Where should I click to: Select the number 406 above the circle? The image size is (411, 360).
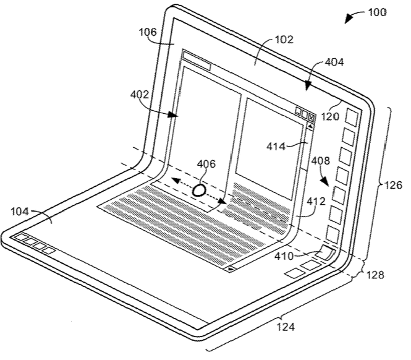point(206,165)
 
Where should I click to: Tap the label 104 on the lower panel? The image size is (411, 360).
point(22,211)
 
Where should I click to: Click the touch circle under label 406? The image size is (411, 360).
point(198,190)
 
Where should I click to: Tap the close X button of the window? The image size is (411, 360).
point(311,115)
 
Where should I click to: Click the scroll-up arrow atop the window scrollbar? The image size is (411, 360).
point(310,126)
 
